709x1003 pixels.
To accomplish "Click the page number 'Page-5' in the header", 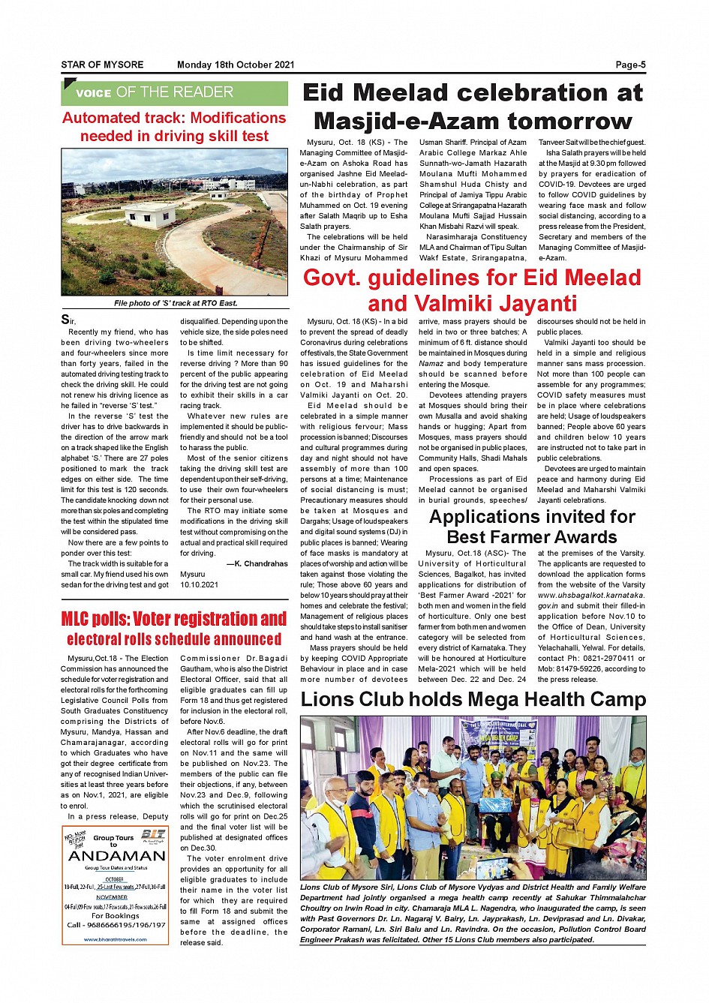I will tap(630, 65).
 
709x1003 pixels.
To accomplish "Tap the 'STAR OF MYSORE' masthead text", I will tap(102, 65).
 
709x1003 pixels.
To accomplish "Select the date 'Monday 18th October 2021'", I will tap(236, 65).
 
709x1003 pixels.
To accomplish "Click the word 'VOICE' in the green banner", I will tap(93, 94).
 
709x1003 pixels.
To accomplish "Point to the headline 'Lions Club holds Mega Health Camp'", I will tap(473, 699).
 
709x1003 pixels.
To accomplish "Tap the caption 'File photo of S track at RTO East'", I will tap(175, 303).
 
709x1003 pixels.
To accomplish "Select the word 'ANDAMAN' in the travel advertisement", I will tap(116, 856).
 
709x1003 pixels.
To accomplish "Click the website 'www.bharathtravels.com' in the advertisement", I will tap(116, 938).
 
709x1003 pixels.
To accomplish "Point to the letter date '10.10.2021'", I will tap(199, 584).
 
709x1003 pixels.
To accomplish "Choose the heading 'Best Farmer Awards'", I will tap(531, 537).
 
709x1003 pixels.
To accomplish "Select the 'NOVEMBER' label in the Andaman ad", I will tap(112, 896).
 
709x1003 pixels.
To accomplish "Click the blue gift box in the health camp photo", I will tap(494, 803).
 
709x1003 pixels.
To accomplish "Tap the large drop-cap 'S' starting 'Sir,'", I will tap(66, 320).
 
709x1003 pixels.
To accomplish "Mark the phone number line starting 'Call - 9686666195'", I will tap(116, 924).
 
